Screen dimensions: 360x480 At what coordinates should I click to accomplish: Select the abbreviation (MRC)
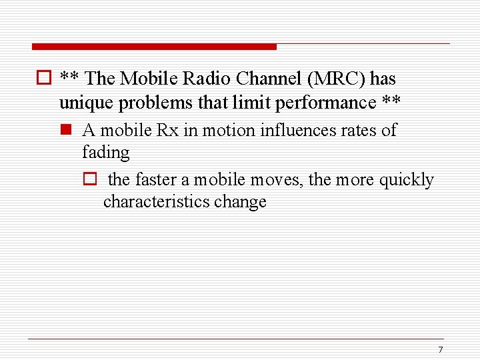point(337,79)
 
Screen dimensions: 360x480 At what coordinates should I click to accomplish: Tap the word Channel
point(267,79)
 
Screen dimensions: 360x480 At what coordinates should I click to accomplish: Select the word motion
point(225,130)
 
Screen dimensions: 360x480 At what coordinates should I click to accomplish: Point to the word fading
point(106,153)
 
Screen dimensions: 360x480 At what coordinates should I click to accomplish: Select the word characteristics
point(156,201)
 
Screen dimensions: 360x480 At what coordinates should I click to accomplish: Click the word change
point(240,201)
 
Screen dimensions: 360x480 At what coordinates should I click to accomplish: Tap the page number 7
point(440,350)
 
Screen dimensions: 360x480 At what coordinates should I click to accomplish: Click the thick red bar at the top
point(154,47)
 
